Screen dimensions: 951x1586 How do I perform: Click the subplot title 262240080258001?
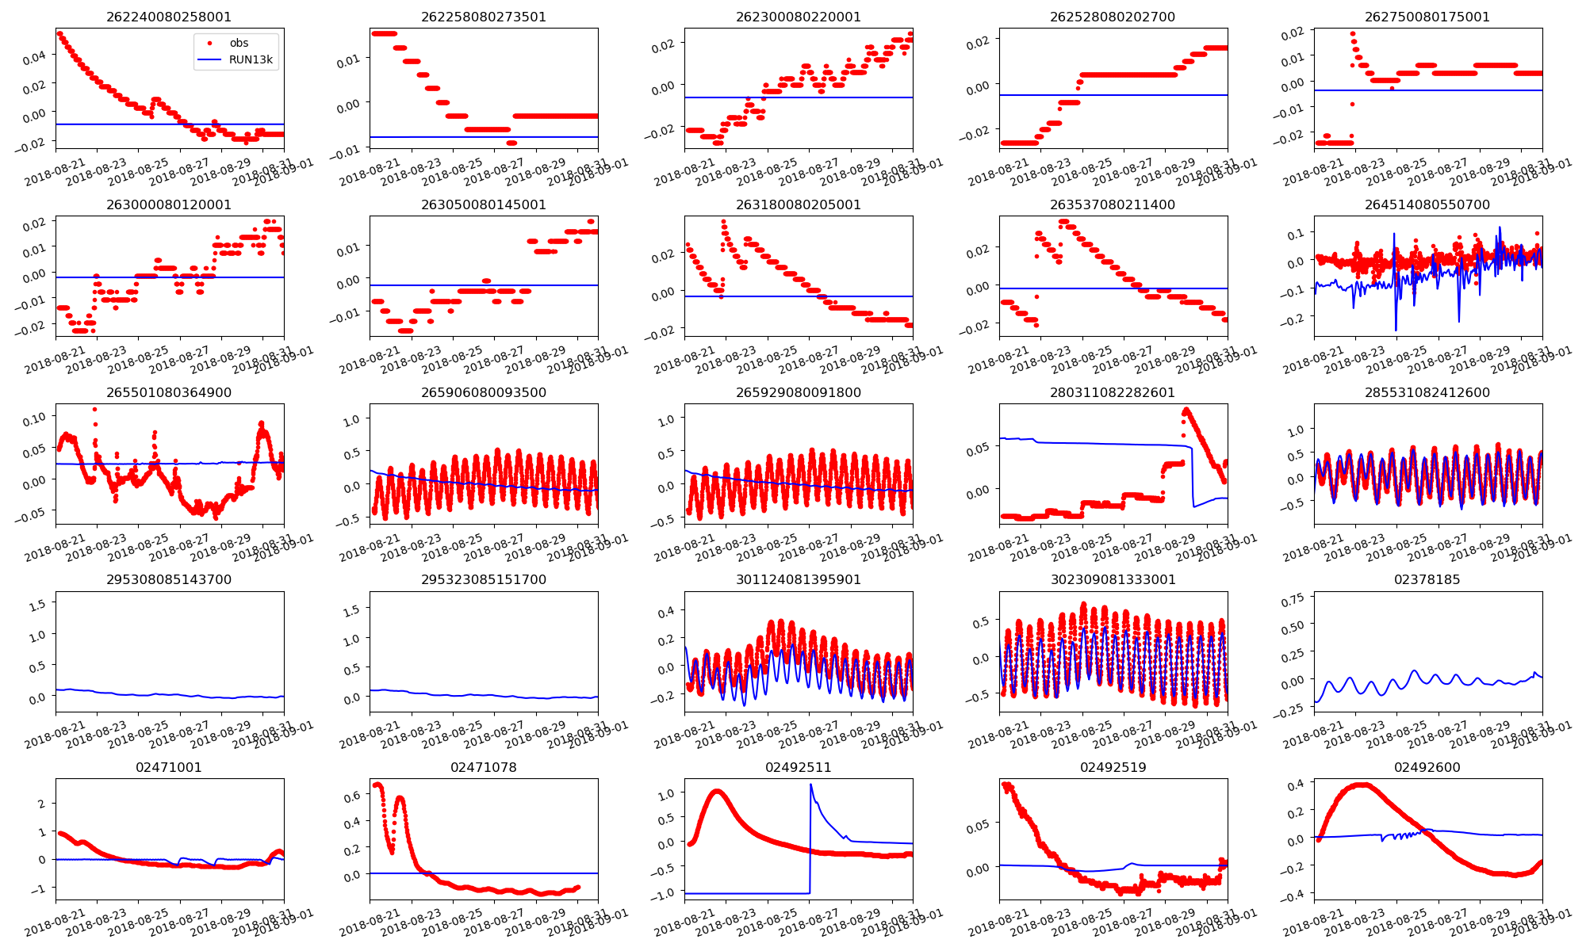[x=169, y=17]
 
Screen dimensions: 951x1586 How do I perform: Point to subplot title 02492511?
[x=798, y=767]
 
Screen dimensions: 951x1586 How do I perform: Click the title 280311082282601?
[x=1113, y=392]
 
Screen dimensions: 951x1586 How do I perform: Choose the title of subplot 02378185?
[x=1427, y=579]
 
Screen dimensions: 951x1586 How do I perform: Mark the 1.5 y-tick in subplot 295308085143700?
[x=36, y=602]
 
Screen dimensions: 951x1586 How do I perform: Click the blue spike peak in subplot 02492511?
[x=810, y=785]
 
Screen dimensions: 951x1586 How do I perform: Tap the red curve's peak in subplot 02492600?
[x=1362, y=785]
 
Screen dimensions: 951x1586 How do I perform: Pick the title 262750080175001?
[x=1427, y=17]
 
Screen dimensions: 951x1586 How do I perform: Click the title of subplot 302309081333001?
[x=1113, y=579]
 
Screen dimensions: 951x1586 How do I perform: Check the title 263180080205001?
[x=798, y=204]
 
